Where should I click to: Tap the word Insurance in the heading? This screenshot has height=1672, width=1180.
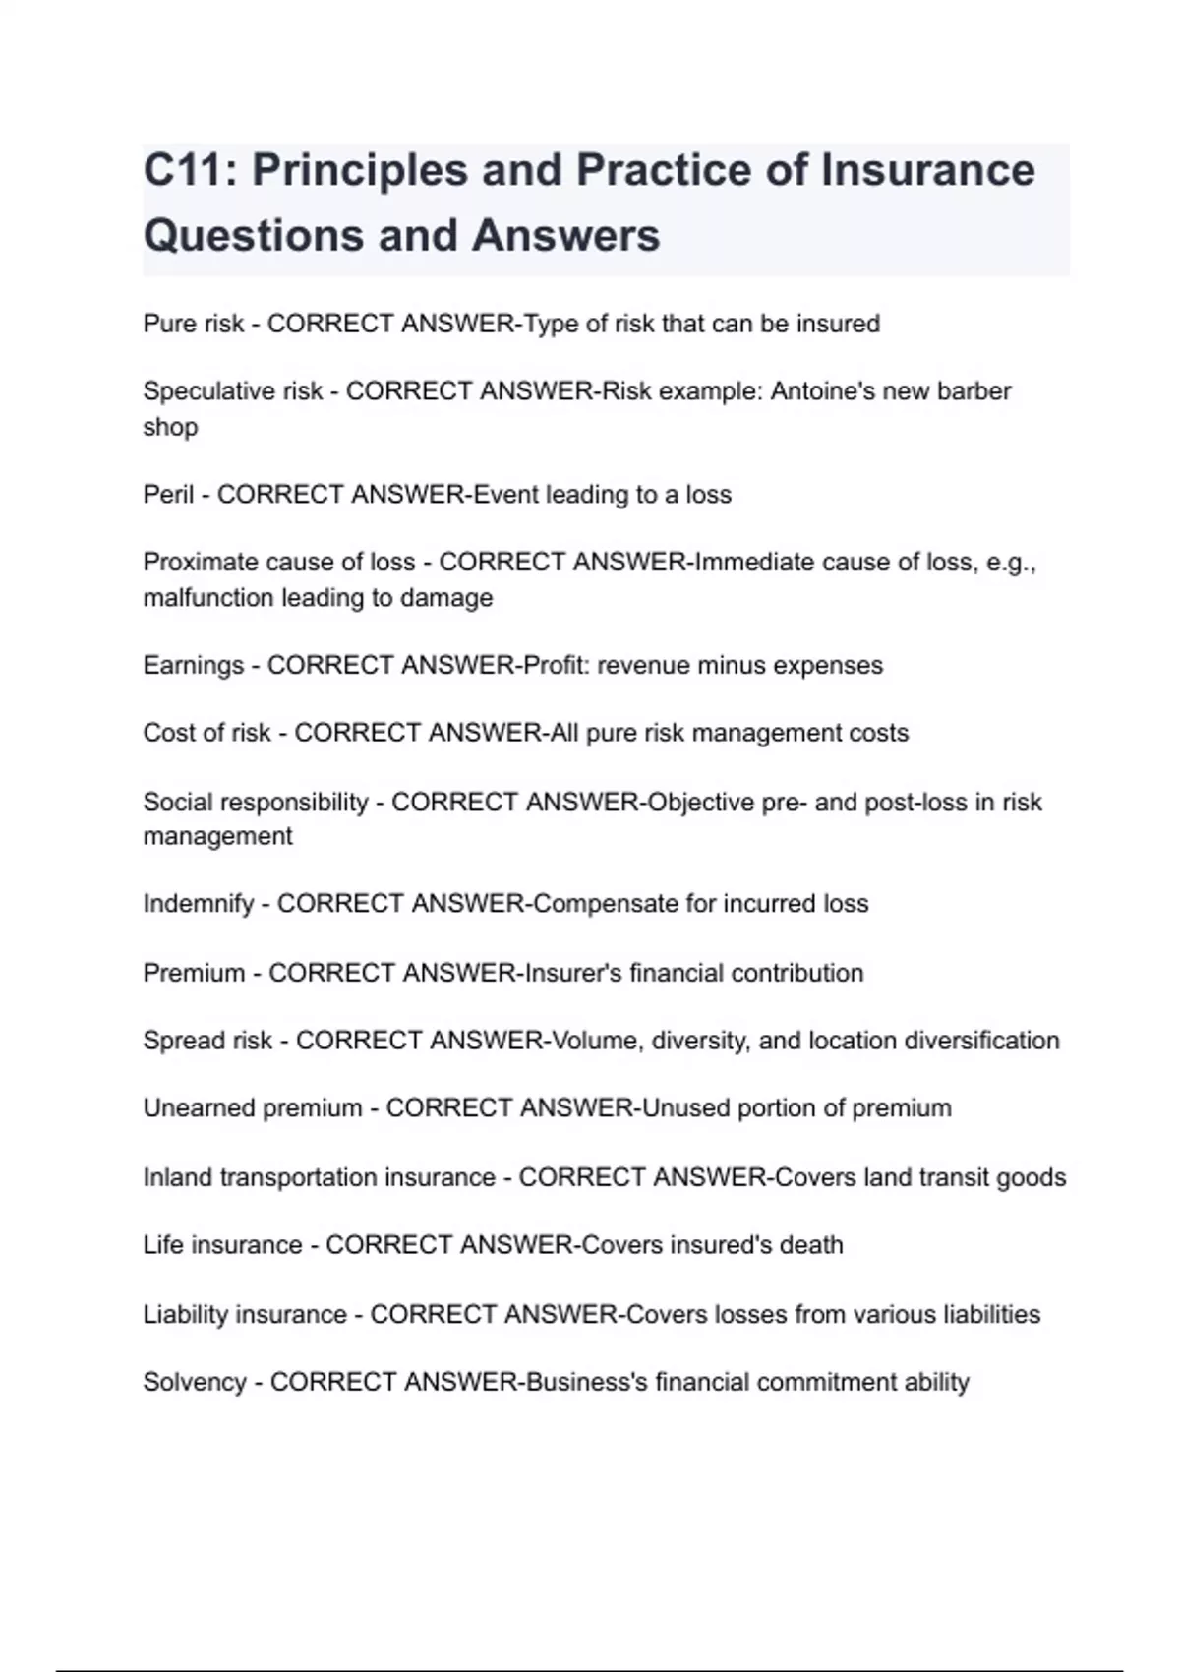tap(927, 170)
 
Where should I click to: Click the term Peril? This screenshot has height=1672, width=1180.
tap(168, 494)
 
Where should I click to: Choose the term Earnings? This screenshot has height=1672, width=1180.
tap(193, 665)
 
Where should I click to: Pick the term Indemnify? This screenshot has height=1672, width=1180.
tap(198, 903)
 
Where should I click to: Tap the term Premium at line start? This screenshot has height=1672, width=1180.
tap(194, 973)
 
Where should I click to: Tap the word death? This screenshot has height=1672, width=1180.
tap(811, 1244)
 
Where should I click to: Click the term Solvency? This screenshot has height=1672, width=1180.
tap(195, 1382)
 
